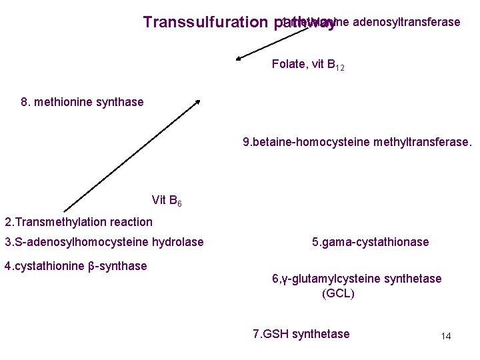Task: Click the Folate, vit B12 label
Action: [x=308, y=65]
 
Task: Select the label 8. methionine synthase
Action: [x=82, y=102]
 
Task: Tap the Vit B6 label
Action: [x=162, y=200]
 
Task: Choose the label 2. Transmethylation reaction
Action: [x=79, y=222]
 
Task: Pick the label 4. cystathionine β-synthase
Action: [x=75, y=266]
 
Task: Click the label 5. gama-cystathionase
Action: [x=370, y=242]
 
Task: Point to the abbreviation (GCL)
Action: [x=338, y=293]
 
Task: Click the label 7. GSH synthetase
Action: [x=301, y=334]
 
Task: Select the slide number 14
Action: [x=446, y=336]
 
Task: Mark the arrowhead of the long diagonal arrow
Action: [x=198, y=102]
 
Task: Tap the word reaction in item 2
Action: [x=131, y=222]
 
